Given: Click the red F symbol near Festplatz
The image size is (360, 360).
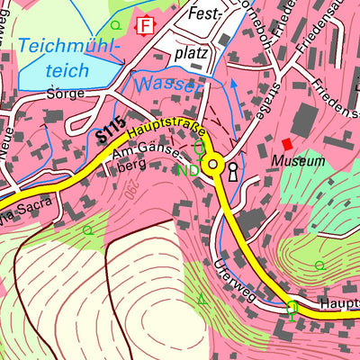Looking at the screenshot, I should pos(146,25).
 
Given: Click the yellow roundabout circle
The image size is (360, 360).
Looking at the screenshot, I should pos(213,164).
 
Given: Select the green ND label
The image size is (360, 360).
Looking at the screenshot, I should pos(188,170).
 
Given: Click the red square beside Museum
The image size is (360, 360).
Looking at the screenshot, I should pos(287,144).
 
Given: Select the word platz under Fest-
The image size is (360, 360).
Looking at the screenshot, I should pos(191,53).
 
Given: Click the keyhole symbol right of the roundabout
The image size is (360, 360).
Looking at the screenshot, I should pos(233,171).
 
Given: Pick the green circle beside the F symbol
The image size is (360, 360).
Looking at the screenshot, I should pos(116,24).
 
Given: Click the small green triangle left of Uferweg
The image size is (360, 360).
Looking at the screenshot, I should pos(201,298).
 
